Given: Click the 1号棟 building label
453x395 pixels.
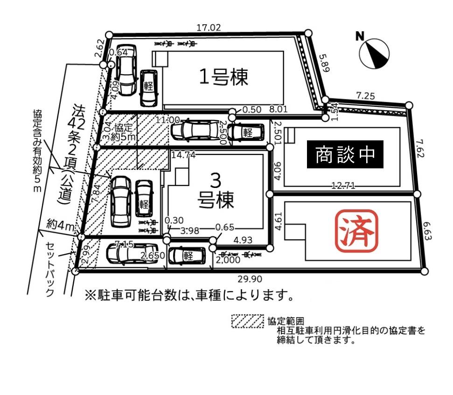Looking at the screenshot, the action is [x=223, y=76].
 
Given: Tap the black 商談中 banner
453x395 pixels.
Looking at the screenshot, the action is [x=345, y=154].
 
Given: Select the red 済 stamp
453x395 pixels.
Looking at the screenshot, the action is [x=356, y=229].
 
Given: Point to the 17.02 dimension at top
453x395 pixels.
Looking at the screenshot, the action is [x=208, y=28].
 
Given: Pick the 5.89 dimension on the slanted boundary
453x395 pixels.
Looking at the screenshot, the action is [x=325, y=63].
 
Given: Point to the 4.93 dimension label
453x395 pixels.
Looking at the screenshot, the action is [x=243, y=241].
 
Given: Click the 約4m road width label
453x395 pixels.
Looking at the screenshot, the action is [x=60, y=226].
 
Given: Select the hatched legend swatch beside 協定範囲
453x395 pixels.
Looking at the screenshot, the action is [x=248, y=321].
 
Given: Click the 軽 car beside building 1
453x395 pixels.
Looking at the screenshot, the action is [x=149, y=87].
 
